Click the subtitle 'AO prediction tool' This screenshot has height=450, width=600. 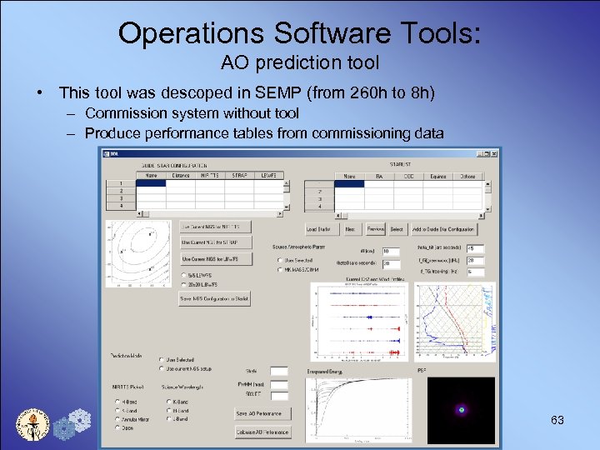(299, 62)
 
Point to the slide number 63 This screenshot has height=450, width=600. (557, 420)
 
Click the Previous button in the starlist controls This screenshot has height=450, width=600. (375, 229)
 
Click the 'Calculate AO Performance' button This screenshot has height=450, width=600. (262, 432)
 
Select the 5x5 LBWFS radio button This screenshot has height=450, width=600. (183, 273)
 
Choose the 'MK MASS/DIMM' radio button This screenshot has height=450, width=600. (279, 269)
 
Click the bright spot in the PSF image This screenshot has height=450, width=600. (460, 410)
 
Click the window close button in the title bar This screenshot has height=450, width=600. (494, 153)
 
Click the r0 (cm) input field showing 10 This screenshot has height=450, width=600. (390, 251)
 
